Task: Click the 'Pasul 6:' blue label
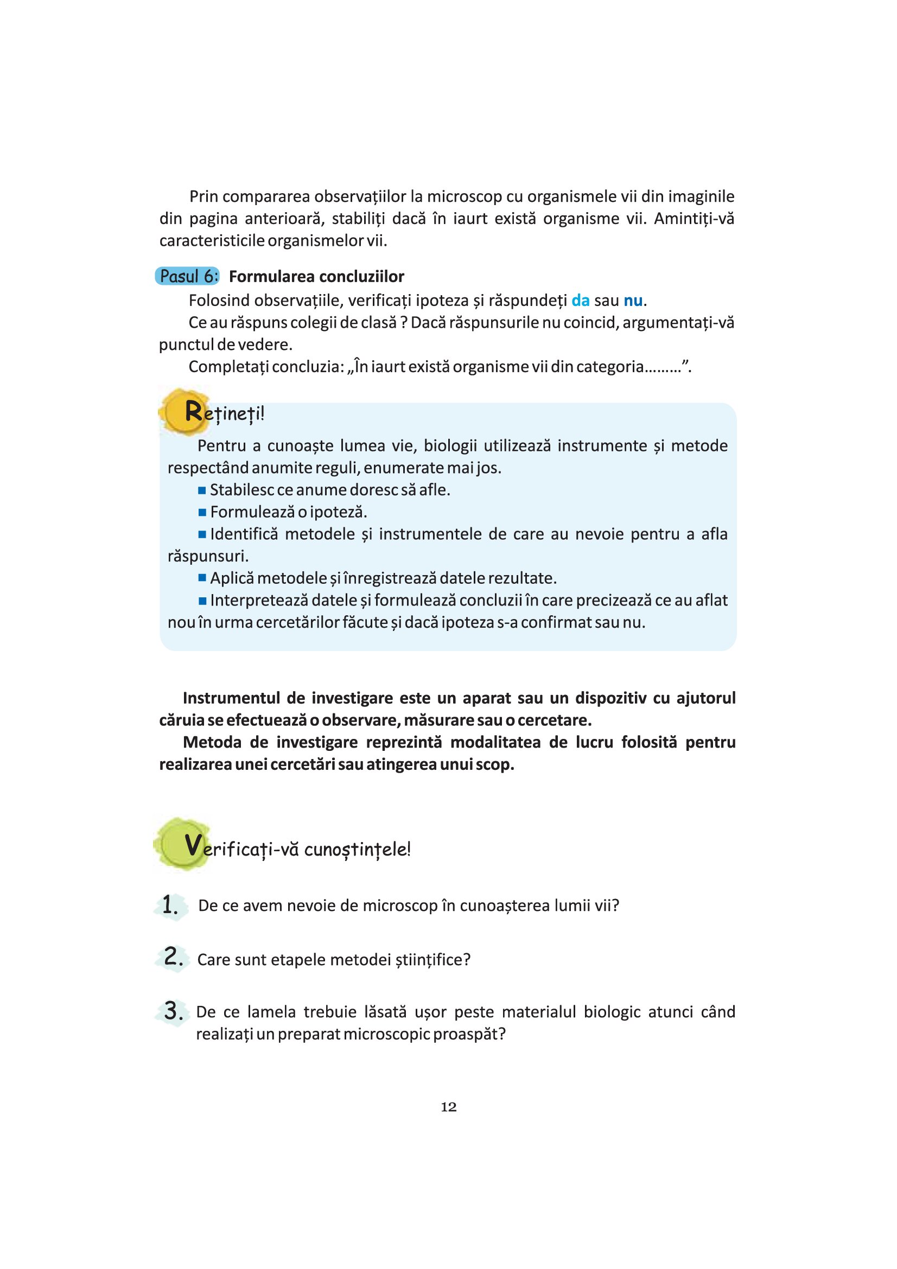point(187,276)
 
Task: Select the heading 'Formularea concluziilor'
point(316,276)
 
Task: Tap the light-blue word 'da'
point(580,301)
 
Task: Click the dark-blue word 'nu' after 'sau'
point(633,301)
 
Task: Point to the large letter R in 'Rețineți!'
point(193,411)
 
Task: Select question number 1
point(170,906)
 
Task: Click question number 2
point(173,956)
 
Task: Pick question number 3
point(173,1011)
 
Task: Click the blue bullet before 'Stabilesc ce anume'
point(202,490)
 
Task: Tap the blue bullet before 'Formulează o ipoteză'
point(202,512)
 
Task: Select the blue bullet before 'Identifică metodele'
point(202,534)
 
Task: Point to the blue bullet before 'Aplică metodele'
point(202,578)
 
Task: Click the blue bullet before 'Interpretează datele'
point(202,601)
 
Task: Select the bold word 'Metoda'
point(212,742)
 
